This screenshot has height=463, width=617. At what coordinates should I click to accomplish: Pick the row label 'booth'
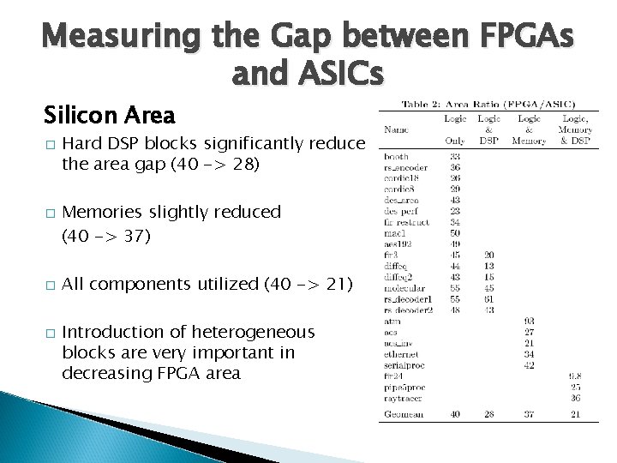point(396,156)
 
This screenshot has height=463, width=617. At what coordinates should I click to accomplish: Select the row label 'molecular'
point(403,290)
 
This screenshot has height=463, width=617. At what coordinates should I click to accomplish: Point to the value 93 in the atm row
point(529,321)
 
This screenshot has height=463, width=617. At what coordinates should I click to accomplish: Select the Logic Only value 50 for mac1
point(454,231)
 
